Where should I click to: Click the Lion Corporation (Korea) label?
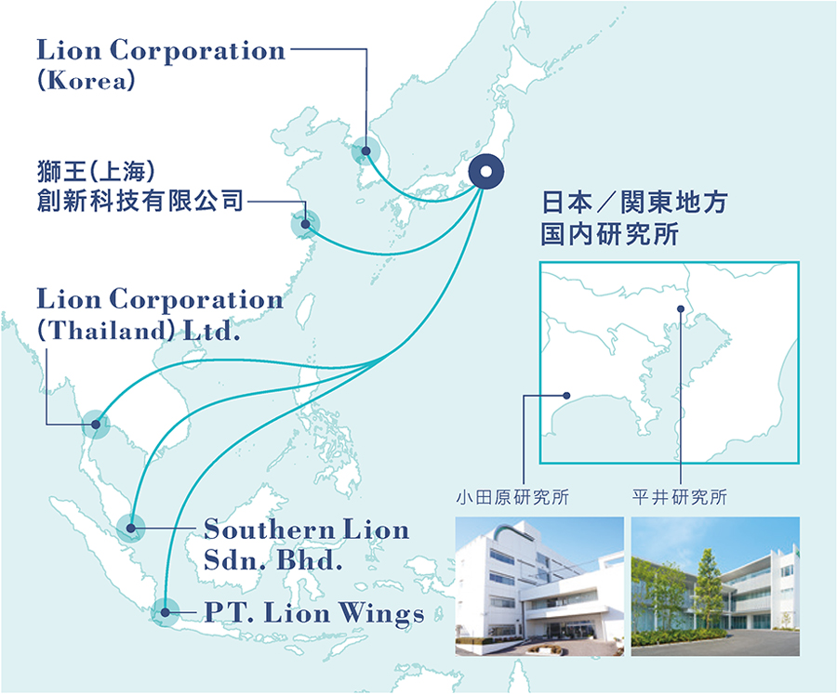click(161, 64)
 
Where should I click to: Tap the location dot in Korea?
click(365, 151)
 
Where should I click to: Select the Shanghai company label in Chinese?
click(139, 186)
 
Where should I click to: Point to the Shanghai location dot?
click(305, 224)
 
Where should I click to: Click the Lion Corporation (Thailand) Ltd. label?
click(160, 315)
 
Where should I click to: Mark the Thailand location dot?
click(96, 424)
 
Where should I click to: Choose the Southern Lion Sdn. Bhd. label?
click(306, 544)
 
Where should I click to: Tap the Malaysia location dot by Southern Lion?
click(131, 529)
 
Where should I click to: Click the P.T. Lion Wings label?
click(314, 613)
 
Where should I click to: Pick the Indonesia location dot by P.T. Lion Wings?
click(166, 612)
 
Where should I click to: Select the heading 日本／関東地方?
click(634, 203)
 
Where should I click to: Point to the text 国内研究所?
click(609, 234)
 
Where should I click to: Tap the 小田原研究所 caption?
click(512, 497)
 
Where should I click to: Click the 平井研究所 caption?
click(680, 497)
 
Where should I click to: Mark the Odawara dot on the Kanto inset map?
click(567, 396)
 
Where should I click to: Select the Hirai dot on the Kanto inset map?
click(681, 308)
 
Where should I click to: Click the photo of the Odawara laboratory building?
click(539, 586)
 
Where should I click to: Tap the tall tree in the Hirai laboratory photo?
click(709, 587)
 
